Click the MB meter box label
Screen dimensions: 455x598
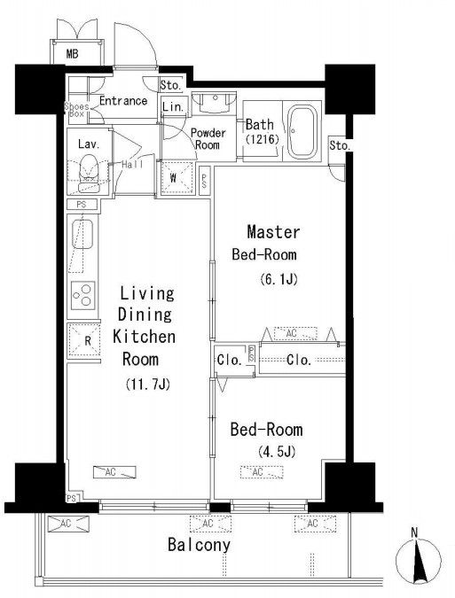72,54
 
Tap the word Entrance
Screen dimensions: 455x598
123,101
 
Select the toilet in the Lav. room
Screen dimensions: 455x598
88,173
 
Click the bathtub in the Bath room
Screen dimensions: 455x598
302,130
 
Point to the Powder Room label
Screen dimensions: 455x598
208,139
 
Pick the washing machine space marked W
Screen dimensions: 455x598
177,178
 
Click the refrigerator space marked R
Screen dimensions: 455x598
84,340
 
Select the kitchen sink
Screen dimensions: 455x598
82,234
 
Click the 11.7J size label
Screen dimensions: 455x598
147,384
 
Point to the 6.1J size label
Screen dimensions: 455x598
278,280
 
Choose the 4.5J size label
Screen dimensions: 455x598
277,452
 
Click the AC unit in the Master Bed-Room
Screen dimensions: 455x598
295,333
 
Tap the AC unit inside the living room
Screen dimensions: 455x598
115,472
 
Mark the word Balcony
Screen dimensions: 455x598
199,545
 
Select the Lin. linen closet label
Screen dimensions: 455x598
173,107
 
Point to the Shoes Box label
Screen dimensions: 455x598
76,110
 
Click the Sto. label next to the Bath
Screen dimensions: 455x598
340,145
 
